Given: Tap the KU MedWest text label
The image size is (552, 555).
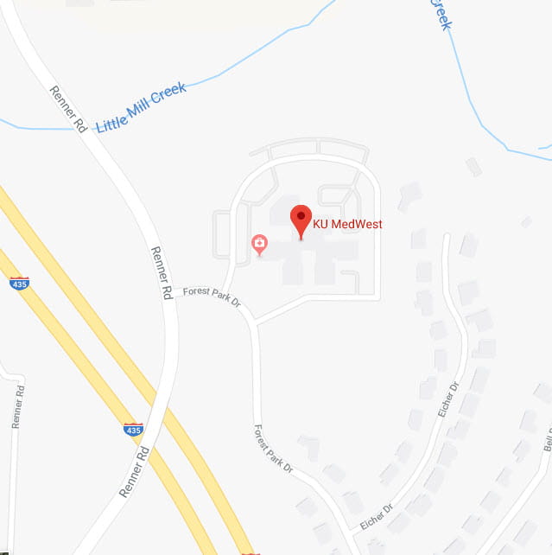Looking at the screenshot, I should pyautogui.click(x=347, y=225).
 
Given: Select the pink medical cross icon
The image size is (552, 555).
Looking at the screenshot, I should pyautogui.click(x=258, y=245).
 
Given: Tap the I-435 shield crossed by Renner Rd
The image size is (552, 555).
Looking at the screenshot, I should pyautogui.click(x=132, y=430).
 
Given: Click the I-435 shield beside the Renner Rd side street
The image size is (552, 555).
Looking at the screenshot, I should pyautogui.click(x=19, y=283).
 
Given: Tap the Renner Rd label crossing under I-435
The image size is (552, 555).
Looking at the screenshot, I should pyautogui.click(x=136, y=472).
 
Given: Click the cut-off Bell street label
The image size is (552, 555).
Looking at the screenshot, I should pyautogui.click(x=546, y=443).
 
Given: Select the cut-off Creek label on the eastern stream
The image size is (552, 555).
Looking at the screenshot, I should pyautogui.click(x=441, y=15).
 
